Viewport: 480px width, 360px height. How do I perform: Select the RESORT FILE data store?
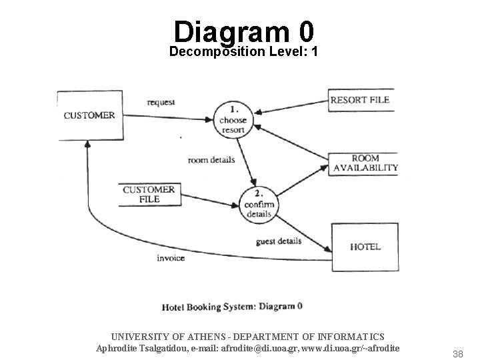(359, 100)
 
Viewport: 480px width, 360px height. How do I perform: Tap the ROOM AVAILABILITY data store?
(365, 163)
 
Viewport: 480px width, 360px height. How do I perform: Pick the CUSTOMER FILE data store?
(149, 193)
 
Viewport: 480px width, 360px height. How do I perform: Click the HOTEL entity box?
(365, 246)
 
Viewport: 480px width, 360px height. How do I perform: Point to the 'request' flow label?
(161, 102)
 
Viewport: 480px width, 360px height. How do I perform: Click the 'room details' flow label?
(211, 160)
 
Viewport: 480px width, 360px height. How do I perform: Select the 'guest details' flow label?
(279, 241)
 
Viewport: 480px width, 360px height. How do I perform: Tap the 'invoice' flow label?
(171, 257)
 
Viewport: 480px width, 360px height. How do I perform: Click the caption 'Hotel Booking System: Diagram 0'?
(232, 307)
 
